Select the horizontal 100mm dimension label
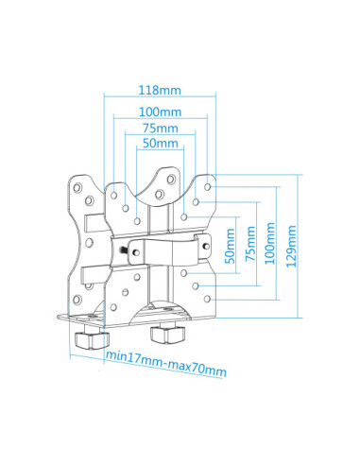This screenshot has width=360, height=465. pos(159,110)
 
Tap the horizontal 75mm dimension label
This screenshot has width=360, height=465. pos(159,128)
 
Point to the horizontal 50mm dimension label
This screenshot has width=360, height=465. pos(160,144)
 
